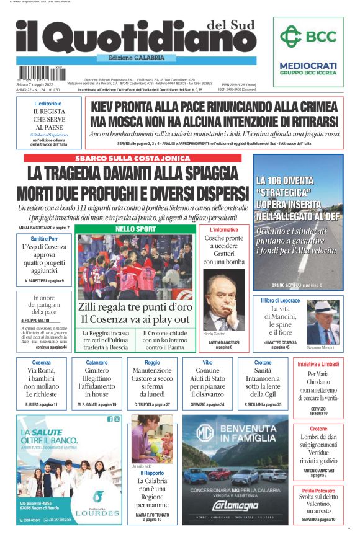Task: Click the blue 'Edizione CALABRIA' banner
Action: click(x=137, y=58)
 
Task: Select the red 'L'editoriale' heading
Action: click(x=48, y=103)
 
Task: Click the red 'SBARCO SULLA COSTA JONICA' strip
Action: click(x=133, y=158)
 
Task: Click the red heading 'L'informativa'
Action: click(x=224, y=230)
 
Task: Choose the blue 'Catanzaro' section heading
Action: click(x=97, y=362)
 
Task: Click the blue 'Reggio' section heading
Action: click(x=152, y=362)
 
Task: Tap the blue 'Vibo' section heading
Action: click(x=207, y=362)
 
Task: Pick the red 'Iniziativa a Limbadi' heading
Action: click(x=318, y=363)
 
